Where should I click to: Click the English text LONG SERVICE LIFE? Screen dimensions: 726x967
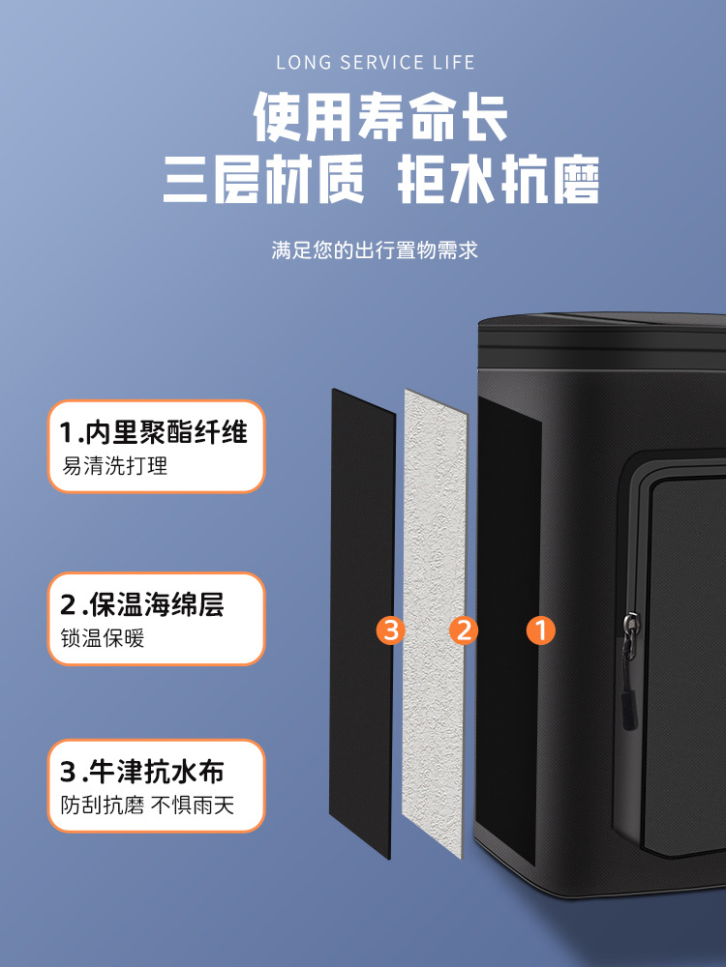(376, 62)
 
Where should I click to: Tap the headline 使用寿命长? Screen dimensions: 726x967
(380, 116)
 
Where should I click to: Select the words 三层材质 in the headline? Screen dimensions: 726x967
(263, 180)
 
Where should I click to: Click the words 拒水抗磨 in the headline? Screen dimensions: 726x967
(499, 180)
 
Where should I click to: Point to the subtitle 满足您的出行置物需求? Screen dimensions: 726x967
(375, 249)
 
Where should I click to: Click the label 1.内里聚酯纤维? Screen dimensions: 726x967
(154, 431)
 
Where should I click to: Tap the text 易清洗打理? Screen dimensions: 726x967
(114, 466)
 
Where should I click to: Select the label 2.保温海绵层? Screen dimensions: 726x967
(142, 604)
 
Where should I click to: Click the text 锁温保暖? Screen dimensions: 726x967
(103, 637)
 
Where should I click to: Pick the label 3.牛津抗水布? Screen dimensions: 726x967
(142, 772)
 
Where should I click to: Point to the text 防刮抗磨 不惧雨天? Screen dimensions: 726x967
(147, 805)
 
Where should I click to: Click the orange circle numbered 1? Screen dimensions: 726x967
(541, 630)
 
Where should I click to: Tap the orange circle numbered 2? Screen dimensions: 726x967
(464, 630)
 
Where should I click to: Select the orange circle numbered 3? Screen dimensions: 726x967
(391, 630)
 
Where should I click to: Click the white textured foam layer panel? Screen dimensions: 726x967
(436, 623)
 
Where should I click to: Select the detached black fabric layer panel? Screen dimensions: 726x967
(362, 623)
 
